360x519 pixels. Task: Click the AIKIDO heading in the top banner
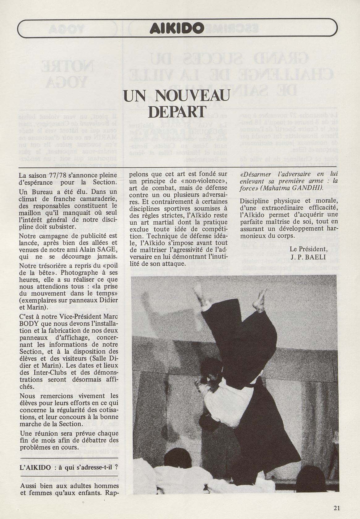176,29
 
